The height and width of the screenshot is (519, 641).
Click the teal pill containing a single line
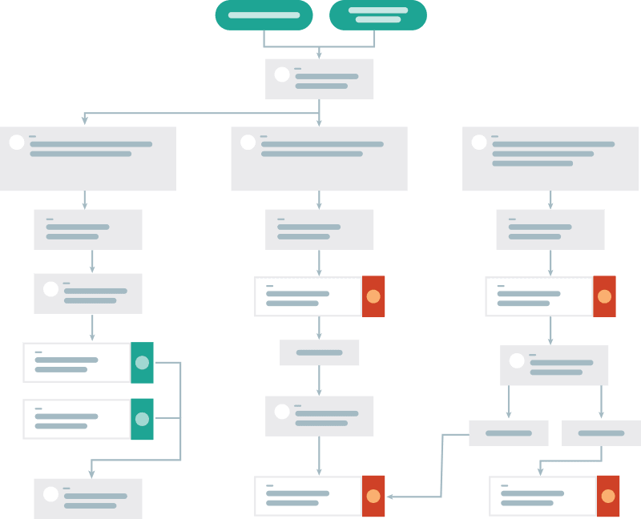(264, 15)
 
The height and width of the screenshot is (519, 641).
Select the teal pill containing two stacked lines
(378, 15)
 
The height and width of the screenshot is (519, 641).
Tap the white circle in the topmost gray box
(282, 74)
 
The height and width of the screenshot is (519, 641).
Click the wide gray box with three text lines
(550, 159)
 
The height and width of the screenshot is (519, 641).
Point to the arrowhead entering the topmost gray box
(319, 54)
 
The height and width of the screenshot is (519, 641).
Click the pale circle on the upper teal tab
(142, 363)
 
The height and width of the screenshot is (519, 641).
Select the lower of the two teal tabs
(142, 419)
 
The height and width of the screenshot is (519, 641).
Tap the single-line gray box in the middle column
(319, 352)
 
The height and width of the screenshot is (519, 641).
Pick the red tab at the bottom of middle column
(373, 497)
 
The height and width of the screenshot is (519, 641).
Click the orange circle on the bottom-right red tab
(608, 497)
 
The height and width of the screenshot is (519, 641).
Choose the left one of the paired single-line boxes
(508, 433)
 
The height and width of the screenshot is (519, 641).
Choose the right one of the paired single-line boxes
(601, 433)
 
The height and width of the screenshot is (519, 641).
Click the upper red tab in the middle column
(373, 296)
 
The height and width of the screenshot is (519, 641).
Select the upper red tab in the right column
(604, 296)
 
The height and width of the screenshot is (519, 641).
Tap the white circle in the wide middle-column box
(248, 143)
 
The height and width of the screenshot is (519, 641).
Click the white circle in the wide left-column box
(17, 143)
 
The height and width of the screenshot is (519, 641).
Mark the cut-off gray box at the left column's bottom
(88, 497)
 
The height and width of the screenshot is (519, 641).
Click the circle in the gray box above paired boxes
(517, 360)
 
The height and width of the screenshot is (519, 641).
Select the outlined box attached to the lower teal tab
(76, 419)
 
